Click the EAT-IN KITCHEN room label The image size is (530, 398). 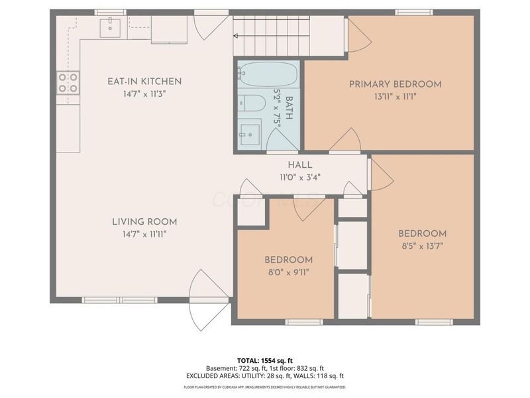click(144, 82)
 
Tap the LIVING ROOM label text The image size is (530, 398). click(144, 222)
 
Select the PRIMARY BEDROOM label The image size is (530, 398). click(395, 84)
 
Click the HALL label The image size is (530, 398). click(299, 165)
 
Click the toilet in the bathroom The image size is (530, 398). click(250, 103)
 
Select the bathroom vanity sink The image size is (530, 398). click(250, 133)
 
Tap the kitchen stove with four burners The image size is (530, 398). click(68, 83)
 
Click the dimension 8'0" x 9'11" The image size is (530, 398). click(288, 271)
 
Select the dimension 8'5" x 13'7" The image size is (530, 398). click(422, 245)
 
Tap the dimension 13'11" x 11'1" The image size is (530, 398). click(395, 96)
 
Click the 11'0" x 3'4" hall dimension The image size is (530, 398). click(299, 176)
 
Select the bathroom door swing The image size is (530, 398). click(282, 139)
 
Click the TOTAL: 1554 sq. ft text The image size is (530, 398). click(265, 360)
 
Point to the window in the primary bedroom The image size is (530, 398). click(414, 12)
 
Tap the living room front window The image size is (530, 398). click(119, 300)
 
